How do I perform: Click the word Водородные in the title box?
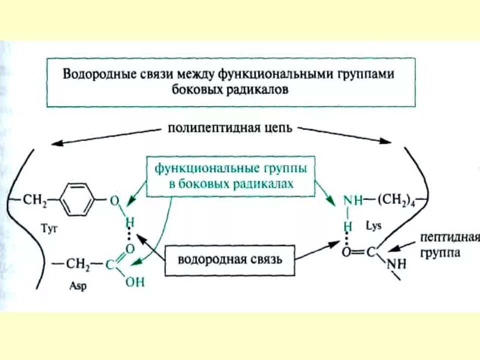click(x=91, y=74)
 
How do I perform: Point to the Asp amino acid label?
click(x=74, y=289)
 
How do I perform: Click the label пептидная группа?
click(x=444, y=243)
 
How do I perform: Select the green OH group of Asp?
click(x=134, y=282)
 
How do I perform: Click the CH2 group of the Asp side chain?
click(x=80, y=263)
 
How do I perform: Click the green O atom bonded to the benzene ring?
click(x=114, y=200)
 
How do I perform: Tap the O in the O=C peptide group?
click(x=346, y=252)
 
